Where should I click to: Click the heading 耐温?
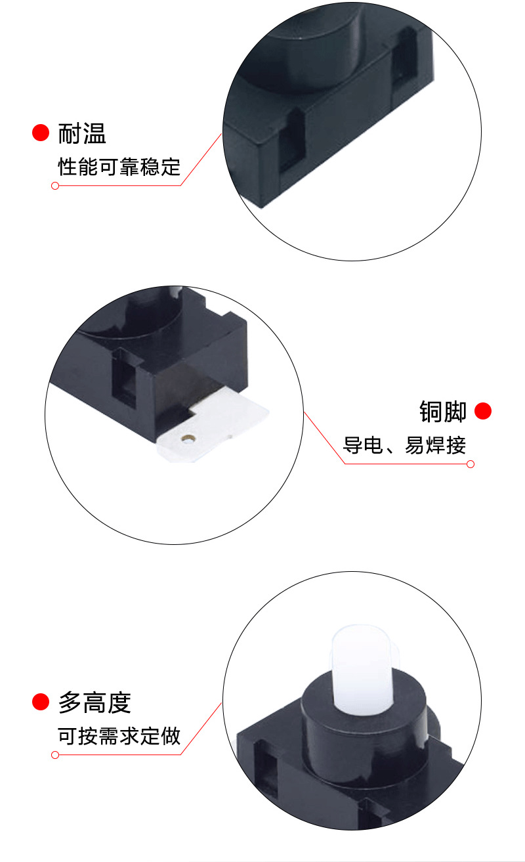(x=82, y=133)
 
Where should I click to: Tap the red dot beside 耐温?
(x=41, y=133)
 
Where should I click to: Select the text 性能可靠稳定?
(x=119, y=167)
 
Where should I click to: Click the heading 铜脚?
(x=443, y=412)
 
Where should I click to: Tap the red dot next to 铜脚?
(x=483, y=411)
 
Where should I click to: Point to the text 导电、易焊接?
(x=404, y=445)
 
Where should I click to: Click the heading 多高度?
(x=94, y=702)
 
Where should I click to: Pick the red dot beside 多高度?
(x=41, y=702)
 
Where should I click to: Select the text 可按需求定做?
(x=119, y=736)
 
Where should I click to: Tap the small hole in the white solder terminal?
(x=189, y=437)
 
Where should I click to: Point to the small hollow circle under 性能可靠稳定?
(x=55, y=186)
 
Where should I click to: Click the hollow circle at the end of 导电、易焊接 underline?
(x=470, y=464)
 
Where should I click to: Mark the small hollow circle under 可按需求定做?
(x=55, y=755)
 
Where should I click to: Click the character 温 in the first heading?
(x=94, y=133)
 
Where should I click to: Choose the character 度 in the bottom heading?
(x=119, y=702)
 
